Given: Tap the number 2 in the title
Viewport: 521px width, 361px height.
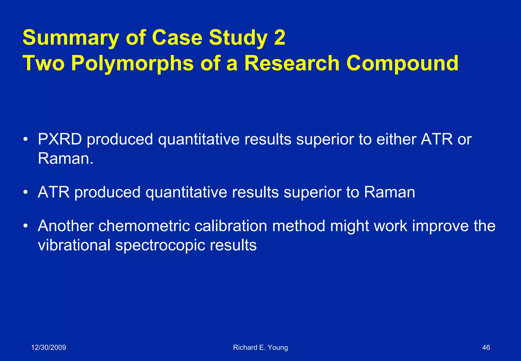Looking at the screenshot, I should (x=279, y=38).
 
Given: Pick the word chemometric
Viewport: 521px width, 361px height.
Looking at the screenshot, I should (x=144, y=226).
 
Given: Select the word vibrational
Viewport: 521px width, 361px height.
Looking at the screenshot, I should (x=74, y=245).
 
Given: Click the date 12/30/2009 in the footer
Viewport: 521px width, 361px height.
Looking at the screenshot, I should (x=49, y=348).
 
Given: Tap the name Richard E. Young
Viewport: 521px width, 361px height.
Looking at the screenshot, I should (x=260, y=348).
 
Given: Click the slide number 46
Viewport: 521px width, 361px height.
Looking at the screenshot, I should (x=486, y=348).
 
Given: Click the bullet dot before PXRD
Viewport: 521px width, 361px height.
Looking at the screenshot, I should (x=25, y=140).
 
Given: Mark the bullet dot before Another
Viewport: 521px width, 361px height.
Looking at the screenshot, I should (x=25, y=226).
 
